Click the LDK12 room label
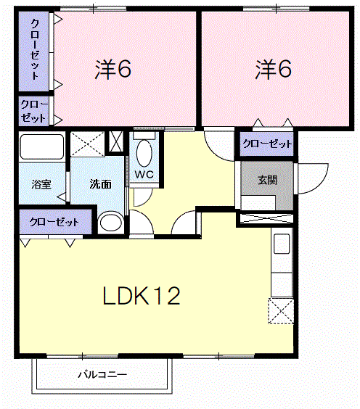142,296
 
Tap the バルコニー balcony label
102,375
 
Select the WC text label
144,174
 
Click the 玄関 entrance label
267,181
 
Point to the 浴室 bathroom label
41,184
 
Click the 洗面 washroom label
100,184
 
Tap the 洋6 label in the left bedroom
112,70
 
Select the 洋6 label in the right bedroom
273,70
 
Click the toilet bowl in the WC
144,154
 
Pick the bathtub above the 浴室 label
42,146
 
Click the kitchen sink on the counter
282,244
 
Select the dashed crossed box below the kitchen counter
281,311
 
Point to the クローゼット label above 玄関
267,144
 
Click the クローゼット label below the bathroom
54,222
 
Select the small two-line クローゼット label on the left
33,112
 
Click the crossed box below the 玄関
266,219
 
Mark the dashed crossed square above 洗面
87,144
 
